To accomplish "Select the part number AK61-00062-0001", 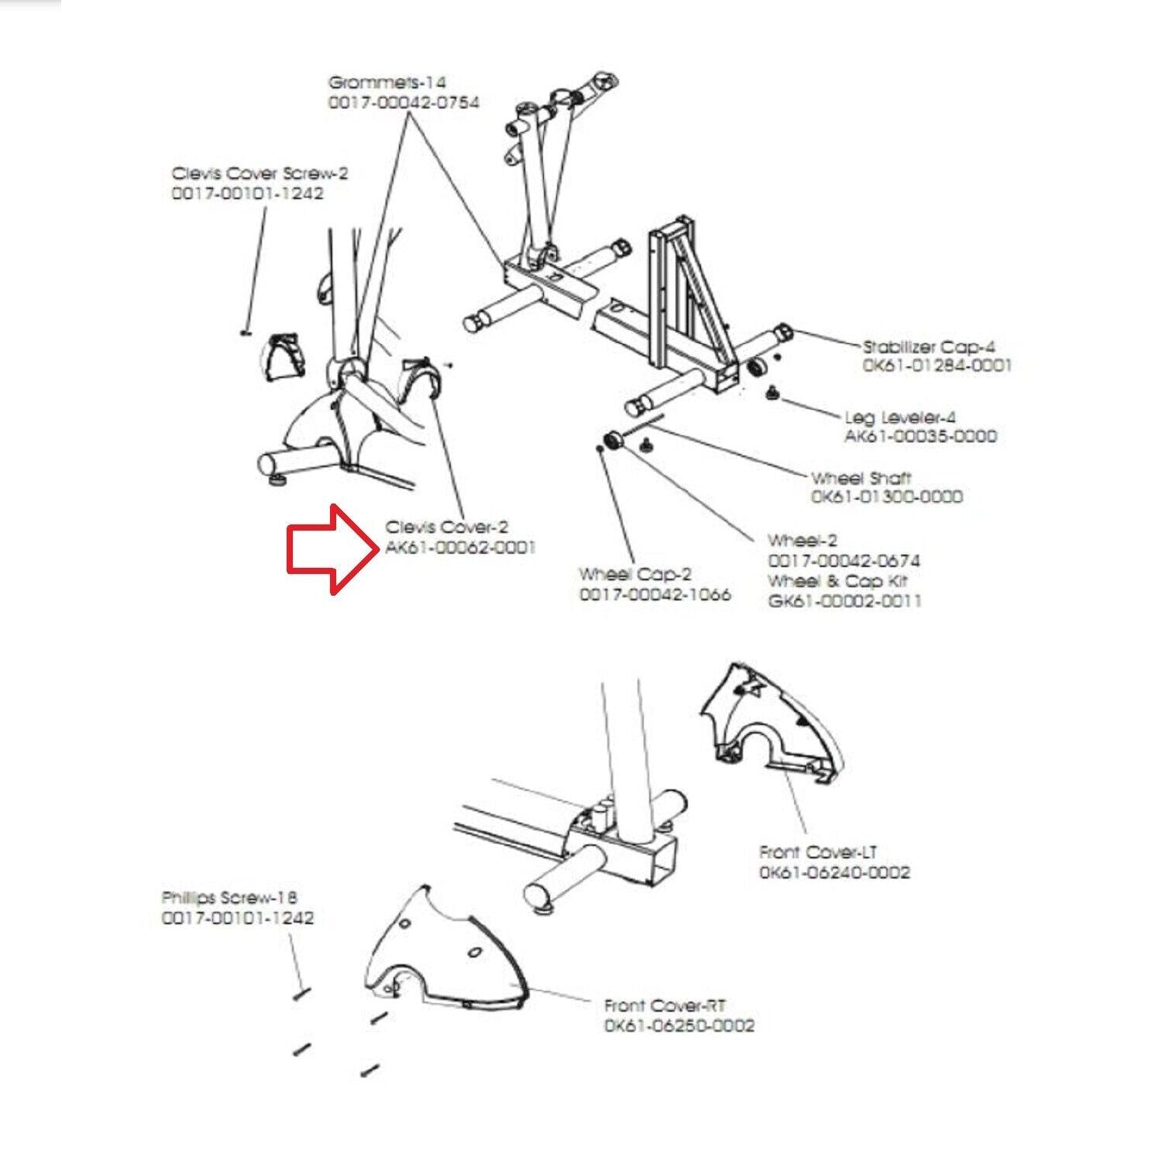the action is coord(460,548).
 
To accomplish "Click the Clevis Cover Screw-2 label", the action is coord(260,174).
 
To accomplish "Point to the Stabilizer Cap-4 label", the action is coord(929,346).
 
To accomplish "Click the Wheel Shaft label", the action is coord(861,478).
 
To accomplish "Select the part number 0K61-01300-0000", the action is coord(886,497).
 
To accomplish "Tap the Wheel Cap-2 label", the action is coord(634,575).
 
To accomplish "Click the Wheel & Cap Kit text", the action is coord(837,581).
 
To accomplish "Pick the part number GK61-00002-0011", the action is coord(844,600).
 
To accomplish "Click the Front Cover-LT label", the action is coord(818,853).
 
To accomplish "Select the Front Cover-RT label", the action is coord(665,1006).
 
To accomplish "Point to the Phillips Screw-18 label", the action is coord(229,898).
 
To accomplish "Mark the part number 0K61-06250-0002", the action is coord(679,1026).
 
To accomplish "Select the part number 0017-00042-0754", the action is coord(404,102).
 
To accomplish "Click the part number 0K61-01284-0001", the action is coord(937,365).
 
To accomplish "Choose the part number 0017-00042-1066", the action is coord(655,595).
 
